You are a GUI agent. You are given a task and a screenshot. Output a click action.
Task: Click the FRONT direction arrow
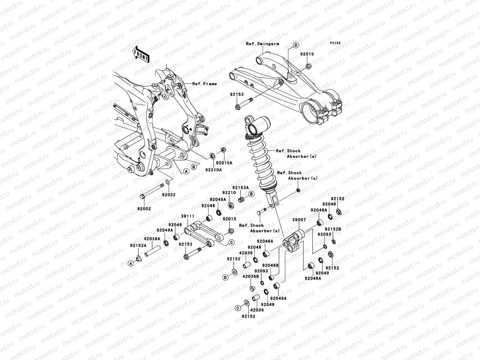point(141,54)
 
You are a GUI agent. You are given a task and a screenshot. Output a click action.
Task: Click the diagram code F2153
point(336,43)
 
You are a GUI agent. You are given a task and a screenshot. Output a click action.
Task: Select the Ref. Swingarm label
point(262,44)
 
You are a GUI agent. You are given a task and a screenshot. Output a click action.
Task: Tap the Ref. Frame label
point(204,84)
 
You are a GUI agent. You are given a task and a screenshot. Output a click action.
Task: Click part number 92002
point(145,209)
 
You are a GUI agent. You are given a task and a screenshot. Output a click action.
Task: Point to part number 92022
point(169,195)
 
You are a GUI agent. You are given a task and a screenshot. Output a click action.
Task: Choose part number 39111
point(187,216)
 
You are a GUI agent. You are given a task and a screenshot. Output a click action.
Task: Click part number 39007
point(299,220)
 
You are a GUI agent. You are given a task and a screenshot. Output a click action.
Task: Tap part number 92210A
point(214,170)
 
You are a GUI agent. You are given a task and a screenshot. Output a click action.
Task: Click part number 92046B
point(270,265)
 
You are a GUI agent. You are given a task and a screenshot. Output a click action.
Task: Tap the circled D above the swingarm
point(295,45)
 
